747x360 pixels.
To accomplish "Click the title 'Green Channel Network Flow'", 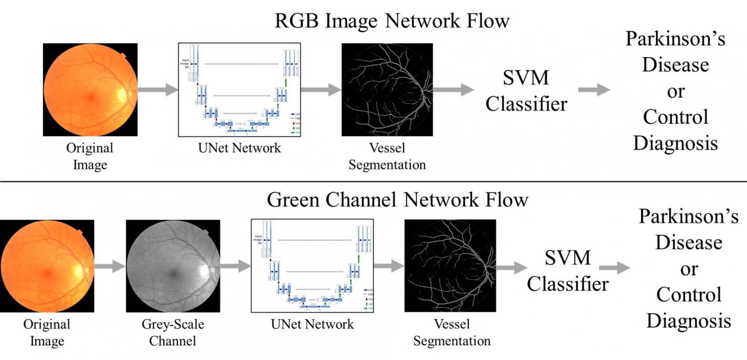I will coord(397,200).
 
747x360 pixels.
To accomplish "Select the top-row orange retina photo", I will coord(90,89).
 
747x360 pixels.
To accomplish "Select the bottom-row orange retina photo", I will coord(47,266).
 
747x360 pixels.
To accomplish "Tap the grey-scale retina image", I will coord(171,266).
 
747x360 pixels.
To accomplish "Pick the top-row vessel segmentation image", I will coord(386,89).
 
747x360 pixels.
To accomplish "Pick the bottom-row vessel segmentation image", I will coord(450,266).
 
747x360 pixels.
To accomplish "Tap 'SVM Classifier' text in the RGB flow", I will coord(526,91).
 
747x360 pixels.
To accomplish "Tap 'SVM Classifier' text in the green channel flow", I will coord(568,270).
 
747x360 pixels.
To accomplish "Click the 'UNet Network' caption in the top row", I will coord(239,148).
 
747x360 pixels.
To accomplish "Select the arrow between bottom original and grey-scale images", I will coord(110,267).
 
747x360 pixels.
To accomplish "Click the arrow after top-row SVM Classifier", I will coord(594,90).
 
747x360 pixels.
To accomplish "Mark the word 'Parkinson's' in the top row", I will coord(675,39).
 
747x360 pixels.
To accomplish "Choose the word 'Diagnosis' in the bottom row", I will coord(689,320).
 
